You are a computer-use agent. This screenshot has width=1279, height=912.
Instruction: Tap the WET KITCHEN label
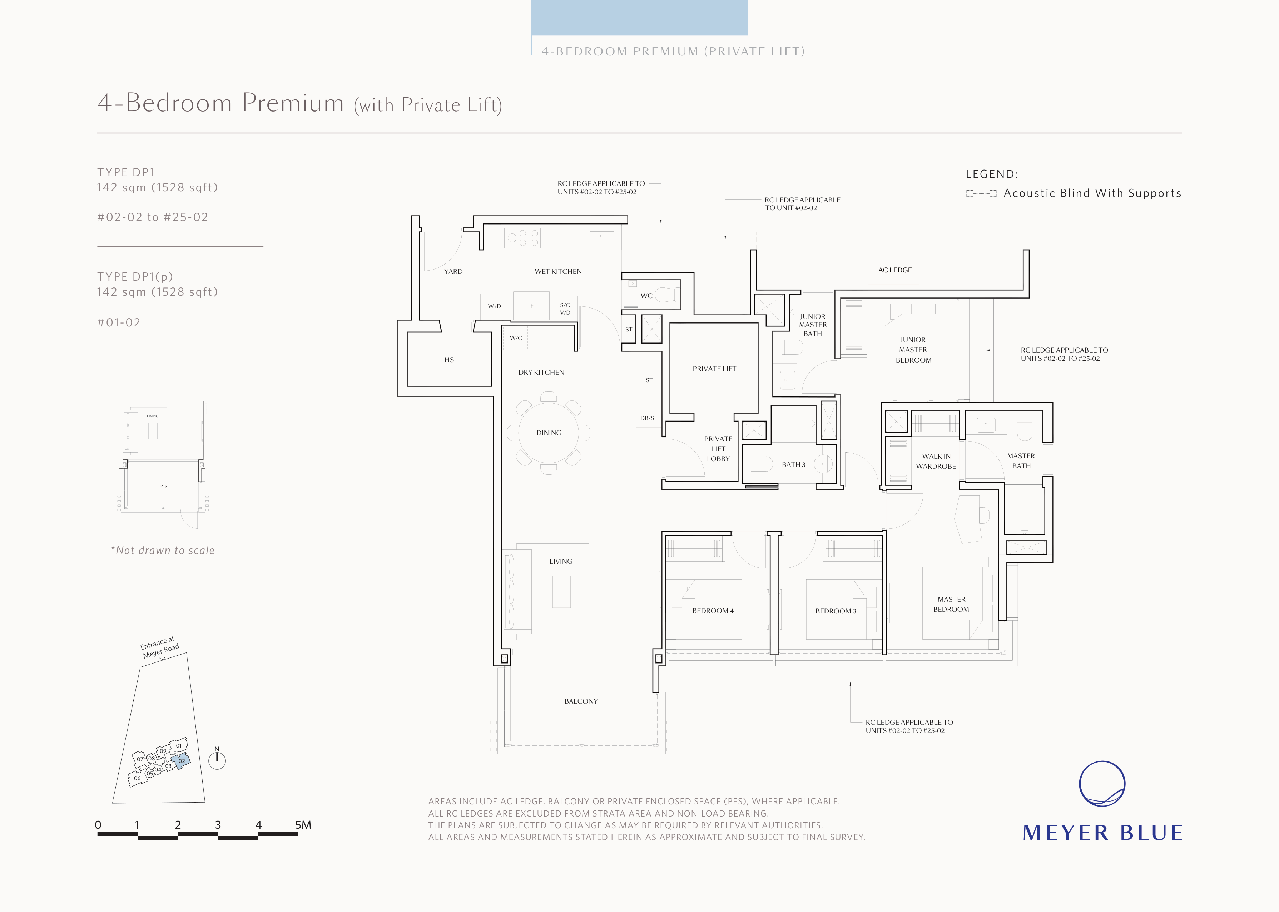pyautogui.click(x=558, y=271)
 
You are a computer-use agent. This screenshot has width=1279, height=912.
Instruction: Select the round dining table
pyautogui.click(x=548, y=433)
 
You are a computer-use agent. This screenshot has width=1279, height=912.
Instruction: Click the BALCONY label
pyautogui.click(x=581, y=701)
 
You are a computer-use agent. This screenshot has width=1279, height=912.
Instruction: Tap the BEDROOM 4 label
pyautogui.click(x=713, y=610)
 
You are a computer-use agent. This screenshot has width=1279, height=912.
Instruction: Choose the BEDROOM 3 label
pyautogui.click(x=836, y=611)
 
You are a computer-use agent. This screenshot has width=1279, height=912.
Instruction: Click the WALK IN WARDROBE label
pyautogui.click(x=936, y=461)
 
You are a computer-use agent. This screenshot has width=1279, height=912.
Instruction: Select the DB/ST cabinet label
pyautogui.click(x=649, y=418)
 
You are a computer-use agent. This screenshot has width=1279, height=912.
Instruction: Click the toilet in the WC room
pyautogui.click(x=667, y=295)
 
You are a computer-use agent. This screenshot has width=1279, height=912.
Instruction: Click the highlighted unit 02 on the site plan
pyautogui.click(x=181, y=761)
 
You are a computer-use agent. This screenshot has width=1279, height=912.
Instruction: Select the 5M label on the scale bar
pyautogui.click(x=303, y=825)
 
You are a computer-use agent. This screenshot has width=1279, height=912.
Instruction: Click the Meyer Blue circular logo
pyautogui.click(x=1102, y=784)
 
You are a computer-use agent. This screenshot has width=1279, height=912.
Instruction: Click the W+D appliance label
pyautogui.click(x=495, y=306)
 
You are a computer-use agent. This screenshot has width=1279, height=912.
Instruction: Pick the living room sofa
pyautogui.click(x=517, y=591)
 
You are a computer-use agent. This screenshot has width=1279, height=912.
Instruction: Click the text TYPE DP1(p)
pyautogui.click(x=135, y=277)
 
